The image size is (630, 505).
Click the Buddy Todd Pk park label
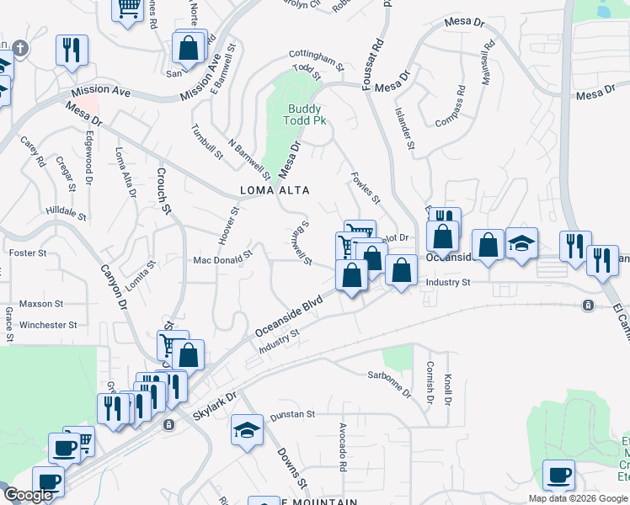(x=307, y=114)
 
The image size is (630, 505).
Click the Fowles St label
(x=366, y=188)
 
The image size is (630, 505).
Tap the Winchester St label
(x=48, y=325)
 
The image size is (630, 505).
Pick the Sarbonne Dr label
(x=389, y=382)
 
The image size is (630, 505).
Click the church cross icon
(x=20, y=49)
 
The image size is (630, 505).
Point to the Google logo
(x=28, y=495)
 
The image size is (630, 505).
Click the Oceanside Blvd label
(x=289, y=317)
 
